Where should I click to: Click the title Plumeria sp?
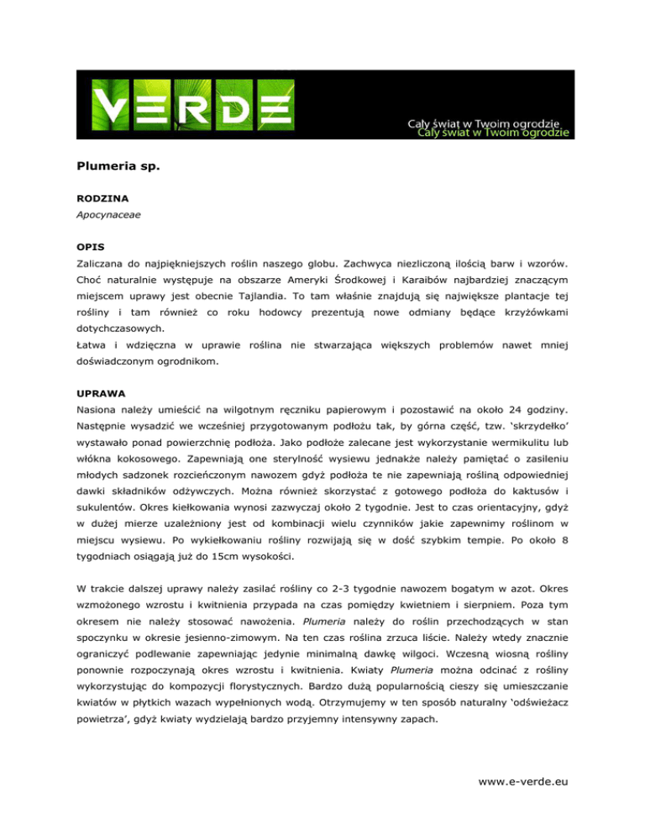click(x=113, y=166)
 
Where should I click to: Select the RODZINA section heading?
click(x=95, y=202)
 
